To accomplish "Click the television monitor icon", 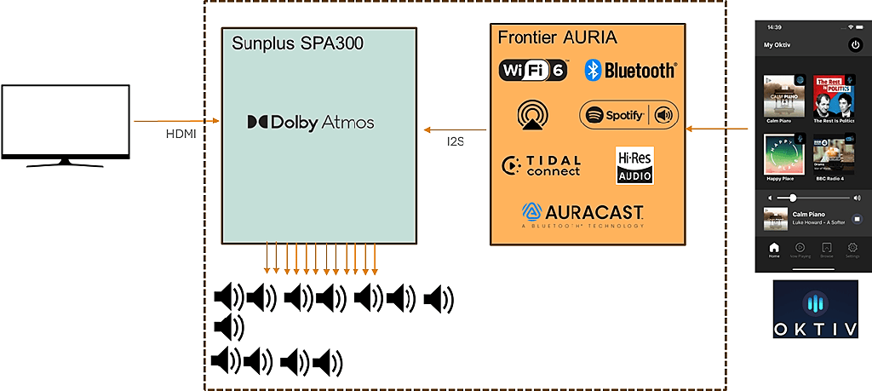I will (x=66, y=124).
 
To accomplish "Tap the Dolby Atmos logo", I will (x=311, y=123).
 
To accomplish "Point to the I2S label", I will (x=455, y=141).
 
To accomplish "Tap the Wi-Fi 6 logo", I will (x=532, y=71).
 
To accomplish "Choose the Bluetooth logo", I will (x=630, y=71).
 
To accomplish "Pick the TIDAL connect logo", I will (x=542, y=165).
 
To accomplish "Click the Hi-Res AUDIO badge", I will (x=634, y=165).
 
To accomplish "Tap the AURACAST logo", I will (x=582, y=214).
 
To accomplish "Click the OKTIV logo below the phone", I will (x=815, y=310).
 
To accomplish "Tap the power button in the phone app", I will (x=855, y=44).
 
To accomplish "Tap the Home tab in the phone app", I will (x=774, y=250).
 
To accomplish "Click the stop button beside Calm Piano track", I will (x=856, y=218).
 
